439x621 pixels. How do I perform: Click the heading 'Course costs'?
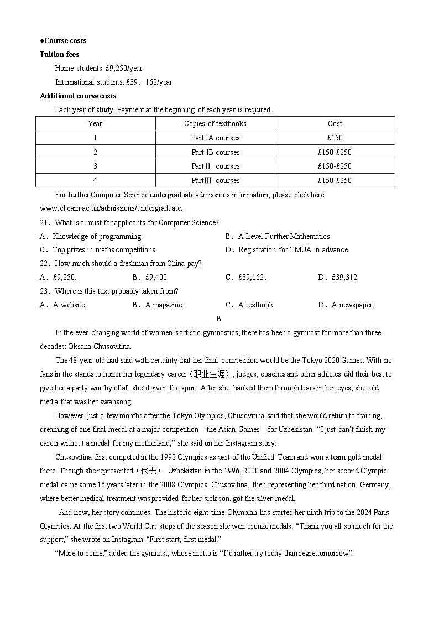[65, 40]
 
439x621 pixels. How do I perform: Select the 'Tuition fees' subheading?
[60, 54]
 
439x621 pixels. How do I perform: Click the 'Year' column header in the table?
[95, 123]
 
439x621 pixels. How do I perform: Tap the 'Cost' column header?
[335, 123]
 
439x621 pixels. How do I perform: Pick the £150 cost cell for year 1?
[335, 138]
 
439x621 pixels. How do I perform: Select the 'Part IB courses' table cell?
[215, 152]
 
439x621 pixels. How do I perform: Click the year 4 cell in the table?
[95, 180]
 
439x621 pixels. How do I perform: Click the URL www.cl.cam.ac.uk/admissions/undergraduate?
[111, 208]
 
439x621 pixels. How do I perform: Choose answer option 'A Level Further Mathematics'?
[284, 236]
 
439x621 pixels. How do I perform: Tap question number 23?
[45, 291]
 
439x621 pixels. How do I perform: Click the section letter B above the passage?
[219, 319]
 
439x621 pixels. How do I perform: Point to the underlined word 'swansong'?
[116, 401]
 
